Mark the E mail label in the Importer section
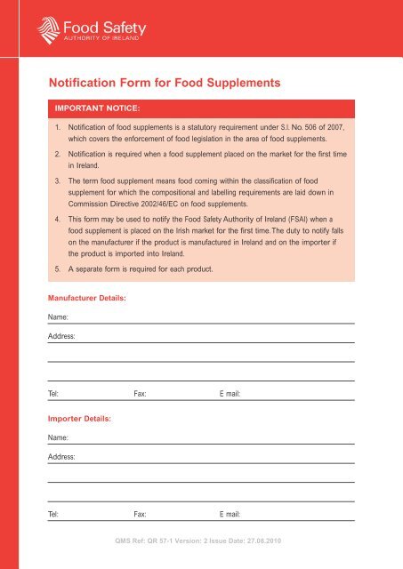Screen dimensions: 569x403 (230, 514)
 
